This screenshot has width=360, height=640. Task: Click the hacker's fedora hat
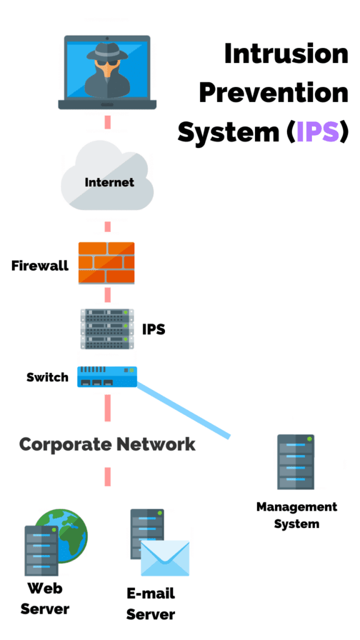107,52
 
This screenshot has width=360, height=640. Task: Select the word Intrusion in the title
286,54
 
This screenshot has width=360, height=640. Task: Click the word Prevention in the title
274,92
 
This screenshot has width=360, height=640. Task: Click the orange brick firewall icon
106,263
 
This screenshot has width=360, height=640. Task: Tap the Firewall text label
40,266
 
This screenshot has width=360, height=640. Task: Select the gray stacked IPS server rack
107,329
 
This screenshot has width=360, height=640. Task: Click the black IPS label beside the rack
154,329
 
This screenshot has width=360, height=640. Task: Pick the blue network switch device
107,377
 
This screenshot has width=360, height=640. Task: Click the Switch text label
47,377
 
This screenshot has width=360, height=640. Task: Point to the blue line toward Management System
183,410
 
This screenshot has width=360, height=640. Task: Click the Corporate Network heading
107,444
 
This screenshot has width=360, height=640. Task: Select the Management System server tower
296,462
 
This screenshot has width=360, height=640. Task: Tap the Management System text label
297,515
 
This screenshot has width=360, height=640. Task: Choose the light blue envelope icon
165,558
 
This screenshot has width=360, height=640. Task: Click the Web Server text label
45,599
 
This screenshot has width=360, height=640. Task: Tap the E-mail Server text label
151,604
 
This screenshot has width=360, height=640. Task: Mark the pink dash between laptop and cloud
107,122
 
